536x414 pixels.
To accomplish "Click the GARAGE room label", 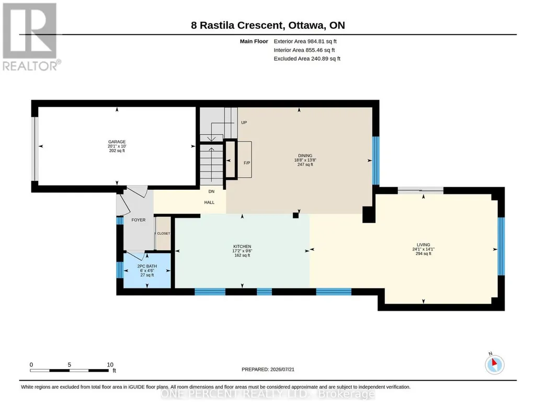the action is coord(117,142).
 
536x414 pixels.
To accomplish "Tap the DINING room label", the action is coord(305,156).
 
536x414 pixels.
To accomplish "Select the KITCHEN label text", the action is coord(242,247).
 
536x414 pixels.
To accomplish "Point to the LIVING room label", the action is coord(423,245).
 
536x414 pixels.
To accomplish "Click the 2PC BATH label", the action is coord(147,266).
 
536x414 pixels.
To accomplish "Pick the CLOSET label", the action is coord(163,234).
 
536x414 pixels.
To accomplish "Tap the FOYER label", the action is coord(139,220).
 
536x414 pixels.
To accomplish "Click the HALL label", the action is coord(209,203).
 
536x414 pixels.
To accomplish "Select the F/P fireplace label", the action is coord(247,163).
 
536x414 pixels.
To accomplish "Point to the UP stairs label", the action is coord(244,123).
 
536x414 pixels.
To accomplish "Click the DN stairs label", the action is coord(211,192).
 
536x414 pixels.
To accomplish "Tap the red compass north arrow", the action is coord(494,362).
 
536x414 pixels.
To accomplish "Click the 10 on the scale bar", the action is coord(110,365).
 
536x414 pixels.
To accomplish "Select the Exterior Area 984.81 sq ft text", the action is coord(305,41).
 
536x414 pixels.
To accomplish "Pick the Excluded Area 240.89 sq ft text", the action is coord(307,59).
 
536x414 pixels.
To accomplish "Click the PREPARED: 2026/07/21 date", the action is coord(268,369).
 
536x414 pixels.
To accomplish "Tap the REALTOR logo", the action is coord(31,37).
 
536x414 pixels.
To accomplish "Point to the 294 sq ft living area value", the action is coord(423,254).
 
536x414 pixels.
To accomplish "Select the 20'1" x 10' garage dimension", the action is coord(117,146).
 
